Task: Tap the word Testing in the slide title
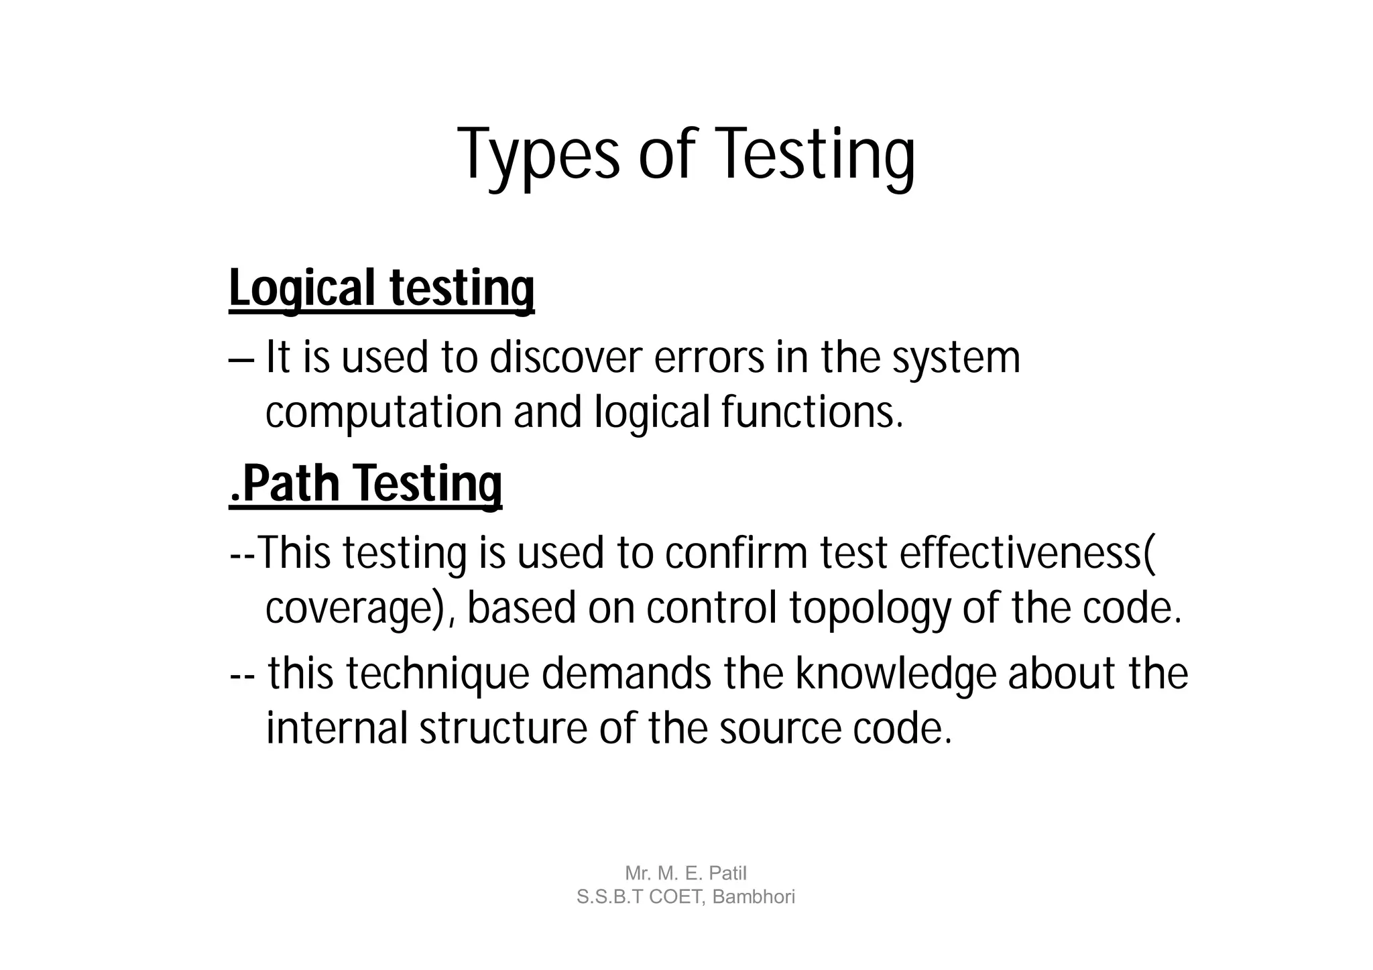(x=817, y=155)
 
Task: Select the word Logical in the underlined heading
(x=302, y=288)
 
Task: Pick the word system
(x=956, y=359)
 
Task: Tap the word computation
(x=383, y=412)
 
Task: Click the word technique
(x=436, y=674)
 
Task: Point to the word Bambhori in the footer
(x=754, y=896)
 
